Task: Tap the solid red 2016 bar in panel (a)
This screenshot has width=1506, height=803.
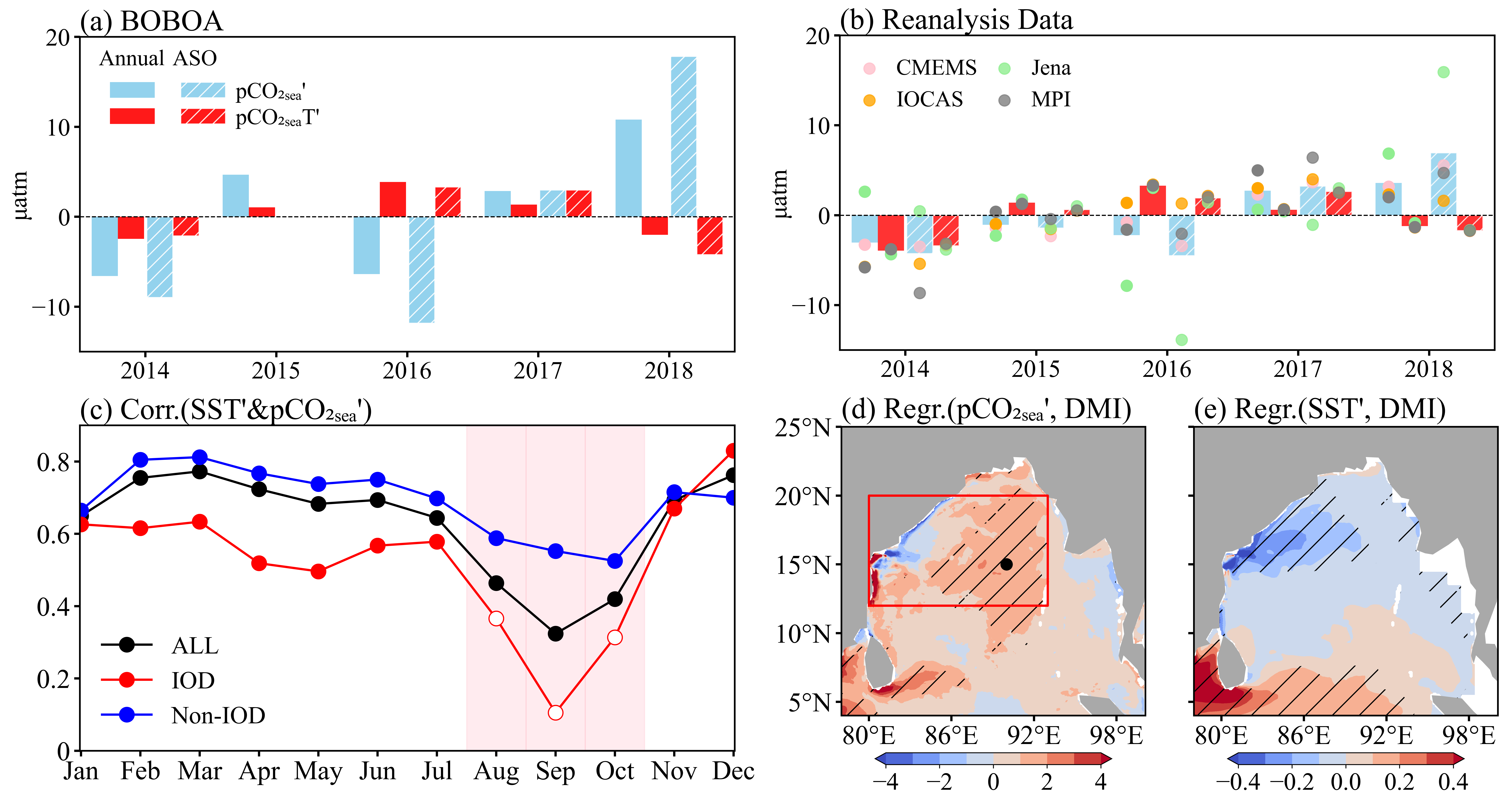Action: click(x=393, y=199)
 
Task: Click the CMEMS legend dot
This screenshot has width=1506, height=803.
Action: click(x=869, y=68)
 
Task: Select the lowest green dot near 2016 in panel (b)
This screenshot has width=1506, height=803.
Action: click(x=1181, y=340)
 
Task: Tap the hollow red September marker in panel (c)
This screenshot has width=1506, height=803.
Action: click(x=555, y=712)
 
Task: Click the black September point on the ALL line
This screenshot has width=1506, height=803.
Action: click(x=555, y=633)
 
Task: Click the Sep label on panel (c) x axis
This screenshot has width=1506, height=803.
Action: click(x=555, y=771)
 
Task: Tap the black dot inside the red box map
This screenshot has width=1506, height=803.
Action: click(x=1006, y=564)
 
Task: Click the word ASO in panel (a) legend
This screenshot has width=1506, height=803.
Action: click(x=195, y=58)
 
